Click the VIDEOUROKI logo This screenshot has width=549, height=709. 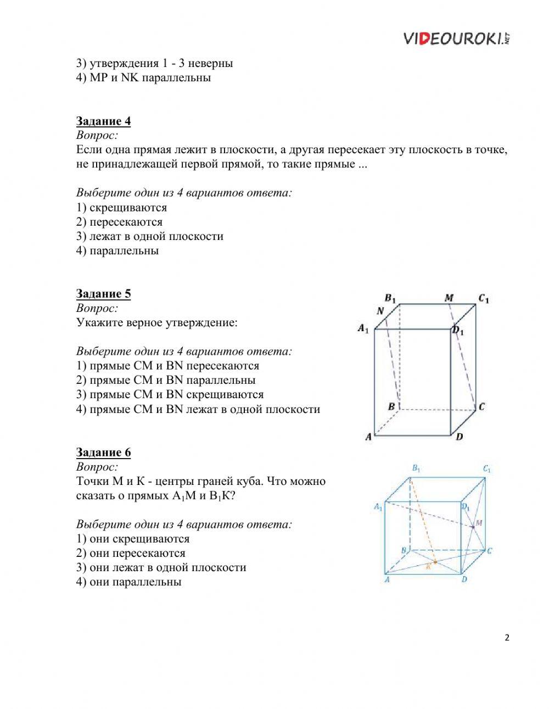tap(457, 38)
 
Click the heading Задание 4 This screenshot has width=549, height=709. tap(103, 121)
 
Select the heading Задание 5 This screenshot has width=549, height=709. tap(103, 294)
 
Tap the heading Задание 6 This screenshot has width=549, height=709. tap(103, 453)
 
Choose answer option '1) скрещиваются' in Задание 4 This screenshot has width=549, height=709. tap(121, 208)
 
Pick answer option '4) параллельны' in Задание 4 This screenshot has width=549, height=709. tap(117, 251)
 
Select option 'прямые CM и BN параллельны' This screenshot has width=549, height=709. tap(166, 380)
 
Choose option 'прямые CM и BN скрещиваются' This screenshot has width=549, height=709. tap(170, 394)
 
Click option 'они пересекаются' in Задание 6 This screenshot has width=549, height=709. tap(131, 554)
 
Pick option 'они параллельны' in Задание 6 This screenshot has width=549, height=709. tap(128, 582)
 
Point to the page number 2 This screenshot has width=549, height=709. tap(506, 638)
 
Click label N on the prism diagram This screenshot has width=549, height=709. tap(380, 311)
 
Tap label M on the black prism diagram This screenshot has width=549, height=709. tap(449, 298)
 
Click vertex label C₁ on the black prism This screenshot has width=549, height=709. tap(483, 299)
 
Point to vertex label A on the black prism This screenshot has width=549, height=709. tap(369, 437)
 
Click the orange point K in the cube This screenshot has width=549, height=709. tap(435, 562)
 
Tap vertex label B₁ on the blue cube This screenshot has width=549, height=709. tap(416, 468)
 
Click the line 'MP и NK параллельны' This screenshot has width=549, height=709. tap(143, 77)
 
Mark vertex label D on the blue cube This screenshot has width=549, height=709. tap(464, 579)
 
